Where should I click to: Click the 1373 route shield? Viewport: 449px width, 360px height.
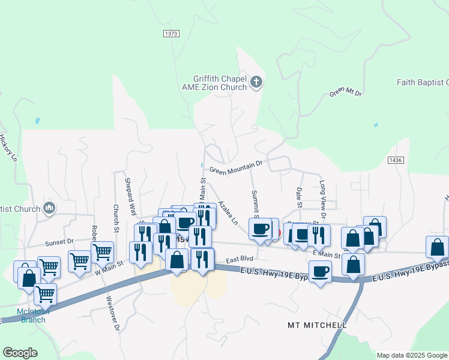tap(170, 34)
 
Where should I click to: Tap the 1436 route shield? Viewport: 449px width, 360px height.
tap(395, 160)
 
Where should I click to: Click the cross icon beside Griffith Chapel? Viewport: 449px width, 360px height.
tap(256, 82)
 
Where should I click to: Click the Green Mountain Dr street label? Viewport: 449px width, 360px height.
tap(236, 166)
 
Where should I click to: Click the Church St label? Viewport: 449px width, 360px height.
tap(116, 217)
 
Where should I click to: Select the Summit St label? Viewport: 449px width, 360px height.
tap(255, 204)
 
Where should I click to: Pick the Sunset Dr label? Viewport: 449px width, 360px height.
tap(59, 242)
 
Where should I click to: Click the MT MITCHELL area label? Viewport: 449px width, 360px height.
tap(317, 325)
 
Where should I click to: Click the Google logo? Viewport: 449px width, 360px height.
tap(20, 353)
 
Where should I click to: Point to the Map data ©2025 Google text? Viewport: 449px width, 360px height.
tap(411, 355)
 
